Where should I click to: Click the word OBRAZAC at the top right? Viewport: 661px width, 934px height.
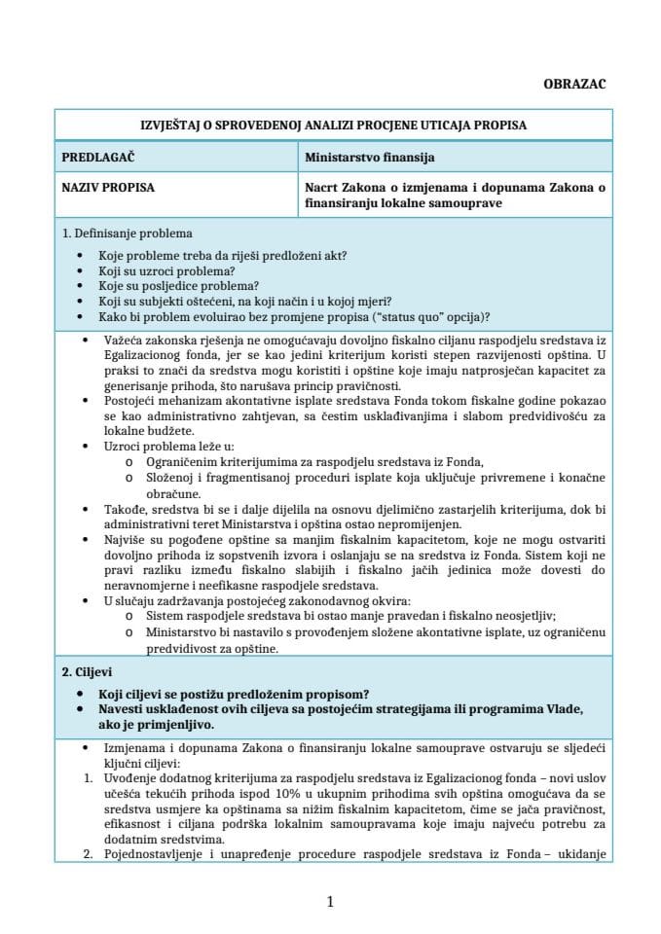(x=573, y=84)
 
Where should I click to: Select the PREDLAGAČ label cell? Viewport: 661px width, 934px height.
(x=97, y=156)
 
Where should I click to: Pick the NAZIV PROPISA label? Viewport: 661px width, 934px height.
(x=107, y=188)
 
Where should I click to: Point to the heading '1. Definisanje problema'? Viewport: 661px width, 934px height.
(x=127, y=233)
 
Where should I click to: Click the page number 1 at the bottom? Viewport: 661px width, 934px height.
(x=330, y=902)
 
